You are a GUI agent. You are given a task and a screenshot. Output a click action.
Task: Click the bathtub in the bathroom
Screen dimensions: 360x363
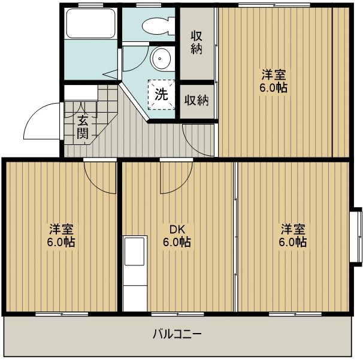click(x=90, y=25)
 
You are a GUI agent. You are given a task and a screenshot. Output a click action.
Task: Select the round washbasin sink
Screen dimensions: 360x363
click(x=161, y=59)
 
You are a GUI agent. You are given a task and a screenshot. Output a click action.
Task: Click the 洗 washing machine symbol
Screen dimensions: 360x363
click(x=162, y=94)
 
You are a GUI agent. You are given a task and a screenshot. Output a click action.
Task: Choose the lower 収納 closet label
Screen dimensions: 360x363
click(x=196, y=100)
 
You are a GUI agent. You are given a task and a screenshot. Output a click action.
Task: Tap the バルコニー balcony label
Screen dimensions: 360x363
click(x=177, y=334)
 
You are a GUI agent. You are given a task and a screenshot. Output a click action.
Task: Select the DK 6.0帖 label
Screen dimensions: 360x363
click(x=177, y=236)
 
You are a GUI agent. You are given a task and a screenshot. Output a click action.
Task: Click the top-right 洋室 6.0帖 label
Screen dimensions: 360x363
click(x=273, y=81)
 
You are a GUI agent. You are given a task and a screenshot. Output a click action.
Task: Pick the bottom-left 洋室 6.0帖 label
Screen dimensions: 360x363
click(x=62, y=236)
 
